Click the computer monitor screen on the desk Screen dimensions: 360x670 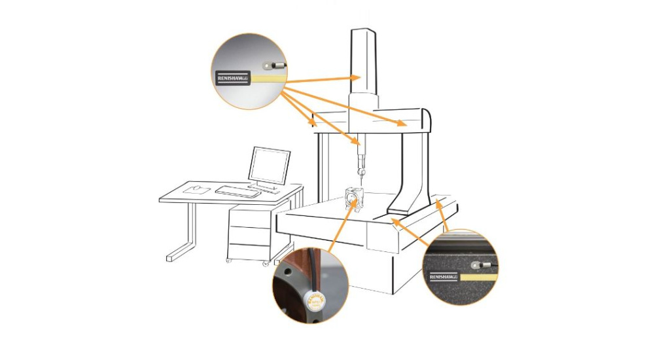click(x=268, y=165)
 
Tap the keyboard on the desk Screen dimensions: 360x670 click(x=238, y=191)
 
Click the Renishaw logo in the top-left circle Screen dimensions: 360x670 click(x=232, y=79)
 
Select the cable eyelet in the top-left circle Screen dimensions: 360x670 click(x=268, y=65)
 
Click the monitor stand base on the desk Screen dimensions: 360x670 click(x=264, y=187)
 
